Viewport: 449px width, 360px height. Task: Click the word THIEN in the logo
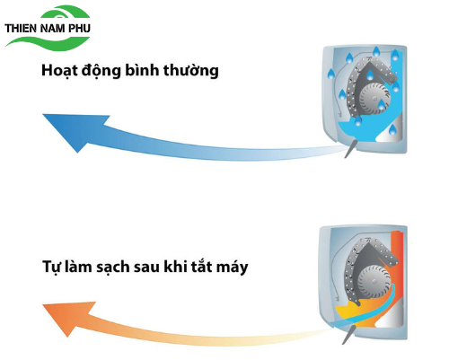click(x=21, y=29)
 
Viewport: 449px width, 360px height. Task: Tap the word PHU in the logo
click(x=79, y=29)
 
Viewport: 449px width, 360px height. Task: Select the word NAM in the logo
click(x=52, y=29)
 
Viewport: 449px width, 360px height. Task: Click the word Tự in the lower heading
click(x=50, y=267)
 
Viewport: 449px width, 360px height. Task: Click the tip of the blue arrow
click(x=43, y=114)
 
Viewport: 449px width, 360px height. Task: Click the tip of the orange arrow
click(x=43, y=305)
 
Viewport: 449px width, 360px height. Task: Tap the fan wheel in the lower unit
click(x=374, y=282)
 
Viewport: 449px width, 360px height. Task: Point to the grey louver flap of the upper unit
click(x=350, y=148)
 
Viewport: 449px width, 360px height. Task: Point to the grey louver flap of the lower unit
click(x=348, y=335)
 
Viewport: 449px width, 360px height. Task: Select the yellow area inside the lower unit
click(x=350, y=312)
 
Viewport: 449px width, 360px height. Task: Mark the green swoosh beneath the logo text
click(x=48, y=42)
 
